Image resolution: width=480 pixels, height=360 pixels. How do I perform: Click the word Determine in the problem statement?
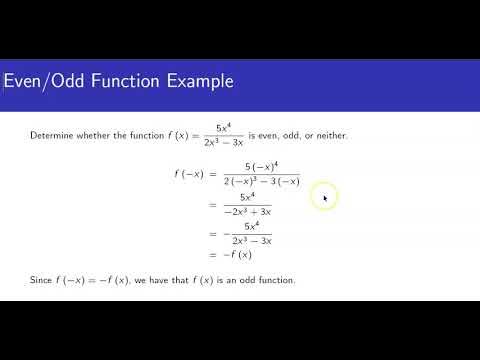[52, 135]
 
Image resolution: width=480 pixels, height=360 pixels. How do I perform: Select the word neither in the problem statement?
[331, 135]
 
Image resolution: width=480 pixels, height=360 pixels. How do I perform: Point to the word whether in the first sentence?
[96, 135]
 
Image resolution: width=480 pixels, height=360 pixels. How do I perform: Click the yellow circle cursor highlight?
[323, 197]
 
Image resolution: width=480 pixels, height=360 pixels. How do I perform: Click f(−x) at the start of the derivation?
[188, 174]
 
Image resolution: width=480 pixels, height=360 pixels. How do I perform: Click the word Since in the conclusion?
[42, 280]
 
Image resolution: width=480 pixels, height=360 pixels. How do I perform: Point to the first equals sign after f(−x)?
[213, 174]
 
